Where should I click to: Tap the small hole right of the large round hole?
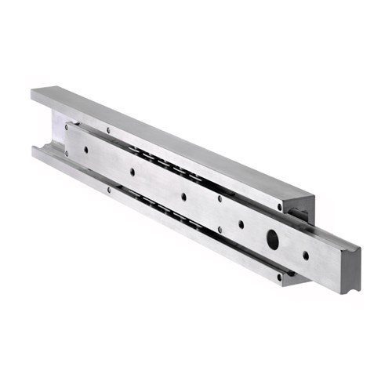pyautogui.click(x=306, y=255)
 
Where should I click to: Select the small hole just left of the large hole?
pyautogui.click(x=241, y=224)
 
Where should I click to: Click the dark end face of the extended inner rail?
pyautogui.click(x=351, y=270)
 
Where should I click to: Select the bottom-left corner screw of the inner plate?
pyautogui.click(x=66, y=154)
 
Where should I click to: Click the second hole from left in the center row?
pyautogui.click(x=132, y=172)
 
